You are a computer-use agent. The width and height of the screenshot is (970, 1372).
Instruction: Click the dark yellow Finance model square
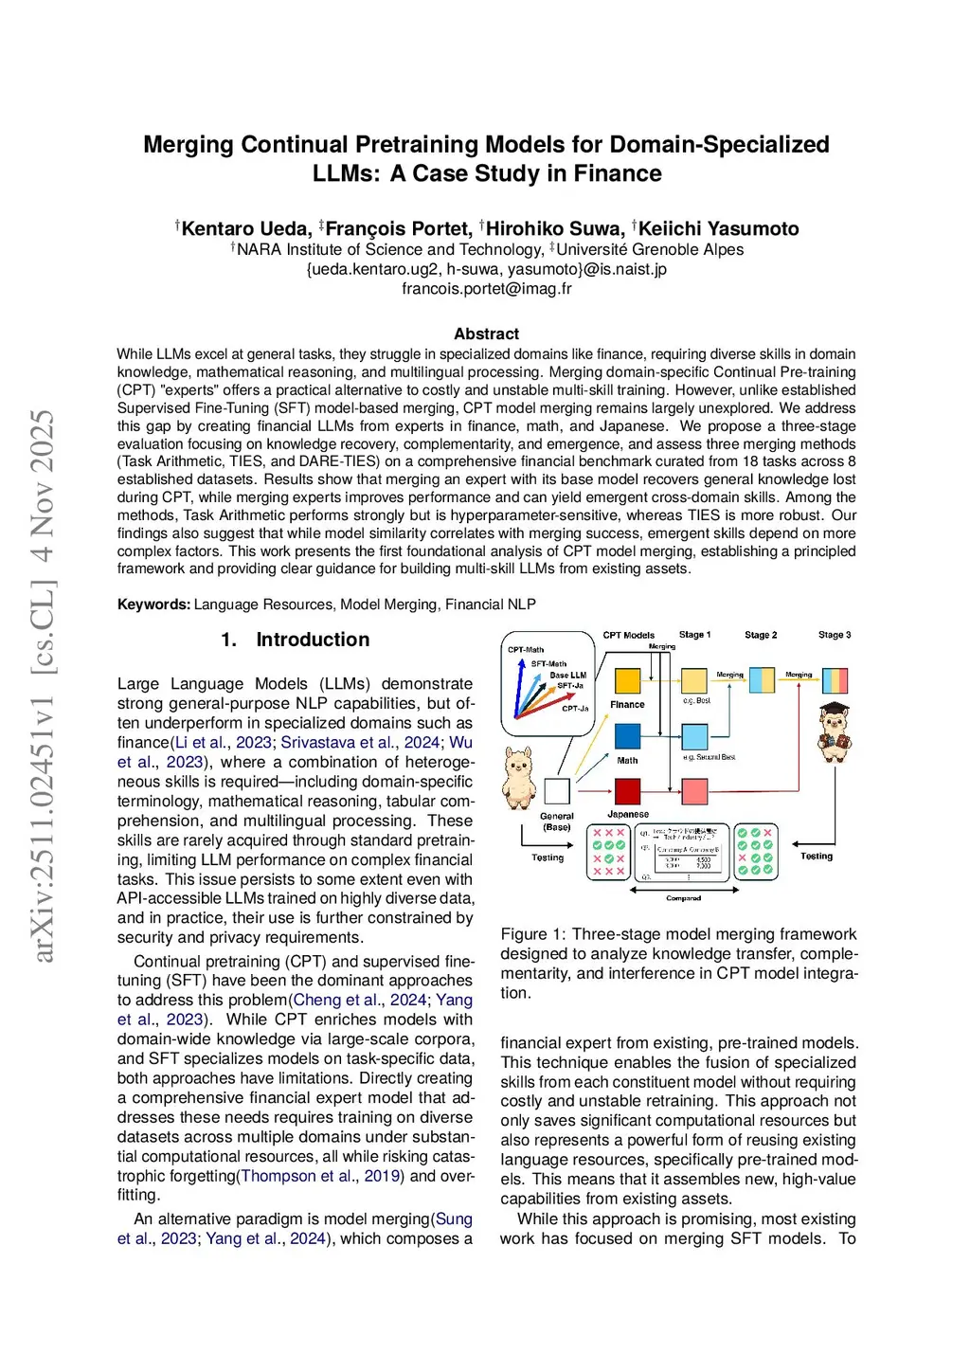(x=628, y=680)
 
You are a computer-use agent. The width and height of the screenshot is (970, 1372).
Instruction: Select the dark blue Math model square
(x=628, y=736)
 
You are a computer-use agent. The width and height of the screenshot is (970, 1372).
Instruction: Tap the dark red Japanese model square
(x=628, y=791)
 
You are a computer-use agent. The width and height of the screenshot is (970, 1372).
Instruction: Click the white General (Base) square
(x=557, y=791)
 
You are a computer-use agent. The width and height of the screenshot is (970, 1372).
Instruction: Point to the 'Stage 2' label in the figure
(x=761, y=635)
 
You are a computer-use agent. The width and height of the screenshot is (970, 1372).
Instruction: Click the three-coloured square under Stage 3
(x=835, y=681)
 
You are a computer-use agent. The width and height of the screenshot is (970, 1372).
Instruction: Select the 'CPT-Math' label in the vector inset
(x=526, y=650)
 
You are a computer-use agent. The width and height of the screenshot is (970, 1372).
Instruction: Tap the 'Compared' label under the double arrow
(x=684, y=898)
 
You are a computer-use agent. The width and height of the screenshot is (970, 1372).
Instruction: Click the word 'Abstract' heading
(x=486, y=334)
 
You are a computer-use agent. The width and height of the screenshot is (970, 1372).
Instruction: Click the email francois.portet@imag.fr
(x=486, y=288)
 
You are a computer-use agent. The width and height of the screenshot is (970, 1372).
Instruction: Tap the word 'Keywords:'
(x=153, y=605)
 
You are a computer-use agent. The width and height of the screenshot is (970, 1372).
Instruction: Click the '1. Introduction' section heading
(x=295, y=640)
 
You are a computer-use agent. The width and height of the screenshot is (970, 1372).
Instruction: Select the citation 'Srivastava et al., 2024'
(x=360, y=742)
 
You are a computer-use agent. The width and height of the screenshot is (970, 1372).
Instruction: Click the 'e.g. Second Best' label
(x=709, y=757)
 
